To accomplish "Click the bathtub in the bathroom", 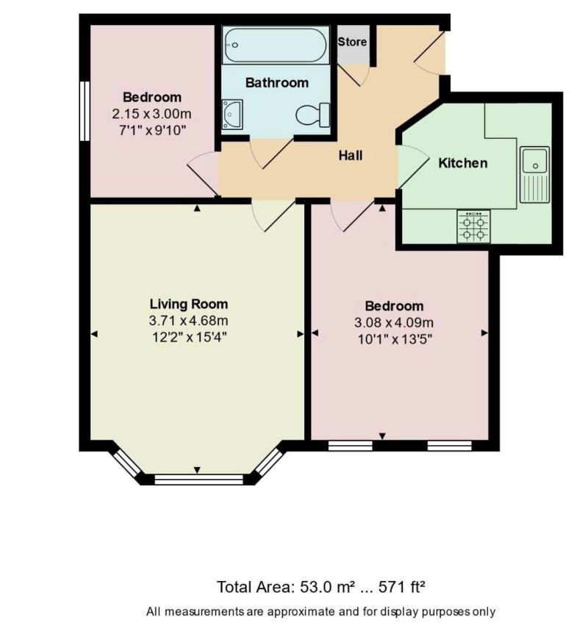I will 276,45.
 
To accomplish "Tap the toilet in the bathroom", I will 313,115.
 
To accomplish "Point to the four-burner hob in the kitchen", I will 473,226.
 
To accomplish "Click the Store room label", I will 352,42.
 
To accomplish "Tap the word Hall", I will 351,156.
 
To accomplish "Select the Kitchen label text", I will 462,163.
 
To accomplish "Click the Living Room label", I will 189,303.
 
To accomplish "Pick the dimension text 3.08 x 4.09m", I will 394,323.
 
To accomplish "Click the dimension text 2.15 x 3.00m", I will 152,114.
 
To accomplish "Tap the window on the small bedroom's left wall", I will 85,110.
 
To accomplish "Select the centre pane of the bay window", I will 198,480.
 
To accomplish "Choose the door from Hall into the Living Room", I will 265,216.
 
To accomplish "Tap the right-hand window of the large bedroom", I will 449,444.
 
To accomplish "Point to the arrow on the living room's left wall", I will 94,334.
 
